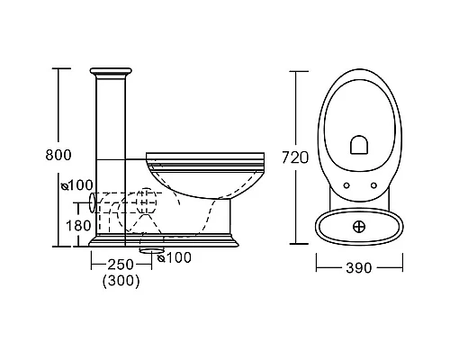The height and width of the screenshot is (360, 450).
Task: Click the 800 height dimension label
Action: [x=58, y=155]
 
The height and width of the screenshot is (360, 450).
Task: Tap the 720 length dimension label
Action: [x=295, y=157]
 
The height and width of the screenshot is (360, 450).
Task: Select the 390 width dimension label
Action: [x=359, y=267]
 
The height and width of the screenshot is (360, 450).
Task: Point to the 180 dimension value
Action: [x=78, y=226]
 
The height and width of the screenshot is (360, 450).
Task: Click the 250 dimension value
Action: [x=121, y=265]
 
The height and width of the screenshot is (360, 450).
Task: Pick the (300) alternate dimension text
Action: [x=121, y=281]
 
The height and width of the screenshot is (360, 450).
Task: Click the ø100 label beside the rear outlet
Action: [x=77, y=185]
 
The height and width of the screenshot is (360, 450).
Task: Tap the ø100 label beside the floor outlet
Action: [x=175, y=257]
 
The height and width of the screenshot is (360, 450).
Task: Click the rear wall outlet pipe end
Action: [x=93, y=202]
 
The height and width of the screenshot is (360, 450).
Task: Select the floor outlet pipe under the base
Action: [x=152, y=250]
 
